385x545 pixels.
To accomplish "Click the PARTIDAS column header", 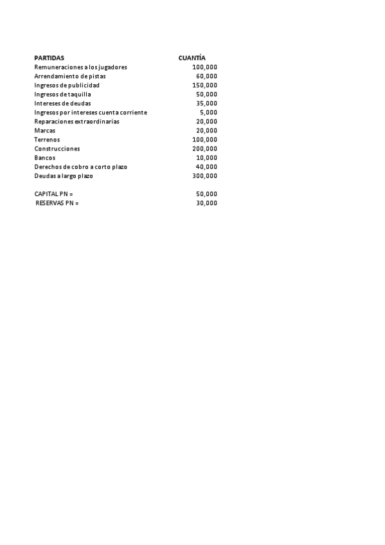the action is point(49,58).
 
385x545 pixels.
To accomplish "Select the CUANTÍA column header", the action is point(192,58).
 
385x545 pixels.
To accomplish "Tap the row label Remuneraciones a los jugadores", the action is point(80,67).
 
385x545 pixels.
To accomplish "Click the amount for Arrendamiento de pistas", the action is point(206,76).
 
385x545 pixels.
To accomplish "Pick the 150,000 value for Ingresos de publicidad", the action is point(204,85).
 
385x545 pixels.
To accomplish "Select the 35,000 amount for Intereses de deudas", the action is point(206,103).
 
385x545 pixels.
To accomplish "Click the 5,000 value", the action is point(208,112).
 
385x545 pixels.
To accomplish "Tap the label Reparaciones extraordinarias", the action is point(76,121).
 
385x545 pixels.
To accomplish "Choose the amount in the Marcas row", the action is point(206,130).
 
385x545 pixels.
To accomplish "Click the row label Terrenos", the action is point(47,139).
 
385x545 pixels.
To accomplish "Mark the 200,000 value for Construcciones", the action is point(204,148).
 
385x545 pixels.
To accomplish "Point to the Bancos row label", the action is point(44,157).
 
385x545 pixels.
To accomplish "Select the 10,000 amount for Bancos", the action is point(206,157).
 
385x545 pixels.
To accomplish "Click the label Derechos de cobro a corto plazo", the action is point(80,166).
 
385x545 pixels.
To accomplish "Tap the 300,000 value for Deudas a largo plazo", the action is point(204,175).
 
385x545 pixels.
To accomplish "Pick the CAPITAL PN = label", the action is point(53,193).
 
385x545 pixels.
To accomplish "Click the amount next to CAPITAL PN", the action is point(206,193).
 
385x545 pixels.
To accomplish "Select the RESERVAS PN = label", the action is point(57,203).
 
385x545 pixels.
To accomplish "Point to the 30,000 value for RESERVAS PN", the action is point(206,203).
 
